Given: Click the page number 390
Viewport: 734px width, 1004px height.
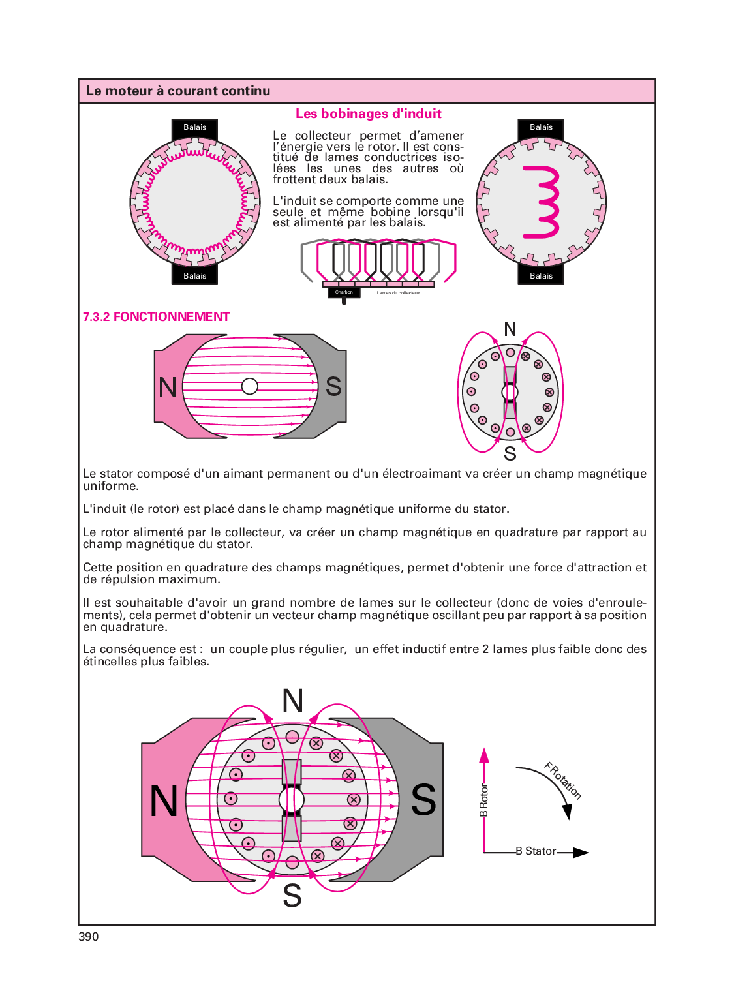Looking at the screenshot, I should [88, 937].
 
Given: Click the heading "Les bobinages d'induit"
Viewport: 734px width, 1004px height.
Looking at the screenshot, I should [368, 114].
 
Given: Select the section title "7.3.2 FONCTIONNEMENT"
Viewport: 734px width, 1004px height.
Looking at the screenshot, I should [156, 317].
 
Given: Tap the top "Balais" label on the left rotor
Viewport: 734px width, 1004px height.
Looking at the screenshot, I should [194, 127].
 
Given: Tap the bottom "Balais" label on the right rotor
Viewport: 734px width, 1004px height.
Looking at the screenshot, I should [541, 276].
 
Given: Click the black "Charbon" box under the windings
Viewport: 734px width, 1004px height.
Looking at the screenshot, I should [344, 292].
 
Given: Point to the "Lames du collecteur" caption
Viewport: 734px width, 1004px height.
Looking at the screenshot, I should [398, 293].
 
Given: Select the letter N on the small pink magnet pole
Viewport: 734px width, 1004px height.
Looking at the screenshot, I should [168, 388].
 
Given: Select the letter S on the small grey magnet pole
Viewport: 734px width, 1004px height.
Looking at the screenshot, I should [333, 387].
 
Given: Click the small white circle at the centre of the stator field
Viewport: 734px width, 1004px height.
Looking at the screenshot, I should [249, 386].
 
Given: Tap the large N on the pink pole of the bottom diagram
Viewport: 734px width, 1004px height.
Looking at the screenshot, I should [164, 801].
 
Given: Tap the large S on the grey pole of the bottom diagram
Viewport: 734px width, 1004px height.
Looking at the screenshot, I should [423, 800].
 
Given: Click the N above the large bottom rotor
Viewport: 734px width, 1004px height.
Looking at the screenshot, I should [292, 701].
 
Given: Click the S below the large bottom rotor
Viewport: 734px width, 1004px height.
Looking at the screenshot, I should [292, 896].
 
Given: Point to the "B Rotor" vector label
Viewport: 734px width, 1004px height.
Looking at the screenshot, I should [483, 800].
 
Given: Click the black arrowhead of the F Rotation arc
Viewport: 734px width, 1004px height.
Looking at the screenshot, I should [567, 811].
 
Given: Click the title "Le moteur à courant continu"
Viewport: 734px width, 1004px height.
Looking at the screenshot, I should [178, 91].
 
